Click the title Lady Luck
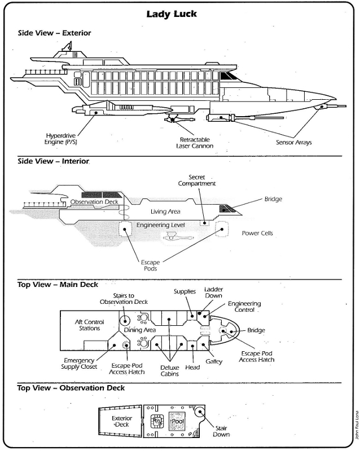click(172, 14)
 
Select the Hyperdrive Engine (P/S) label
click(61, 139)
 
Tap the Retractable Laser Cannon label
click(195, 143)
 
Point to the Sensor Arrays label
click(294, 142)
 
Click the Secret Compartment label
click(197, 180)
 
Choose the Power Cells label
click(257, 233)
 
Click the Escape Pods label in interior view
click(150, 265)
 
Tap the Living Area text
click(165, 212)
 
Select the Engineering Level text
click(160, 225)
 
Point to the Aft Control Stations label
click(89, 325)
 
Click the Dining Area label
click(140, 330)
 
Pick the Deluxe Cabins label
click(170, 371)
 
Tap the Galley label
click(214, 361)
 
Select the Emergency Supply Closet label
click(79, 364)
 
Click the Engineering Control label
click(244, 307)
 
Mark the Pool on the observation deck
click(178, 421)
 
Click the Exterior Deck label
click(122, 421)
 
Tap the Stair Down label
click(221, 431)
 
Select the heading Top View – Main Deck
click(58, 285)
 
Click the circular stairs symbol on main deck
click(125, 320)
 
